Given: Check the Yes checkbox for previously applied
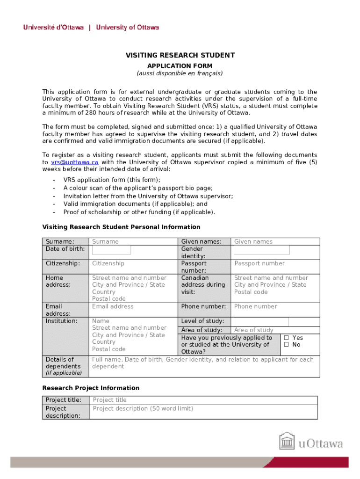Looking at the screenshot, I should [286, 338].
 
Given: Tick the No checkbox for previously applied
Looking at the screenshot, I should [286, 345].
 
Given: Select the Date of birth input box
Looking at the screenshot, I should [111, 250].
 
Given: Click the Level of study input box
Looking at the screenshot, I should [260, 321].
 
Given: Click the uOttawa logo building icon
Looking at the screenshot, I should [287, 442].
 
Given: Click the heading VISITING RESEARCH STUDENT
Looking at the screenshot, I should [180, 56].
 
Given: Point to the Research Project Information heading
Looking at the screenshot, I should [91, 388].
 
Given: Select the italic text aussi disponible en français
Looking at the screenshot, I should [180, 73].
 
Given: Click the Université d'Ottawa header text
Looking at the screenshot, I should [54, 28].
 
